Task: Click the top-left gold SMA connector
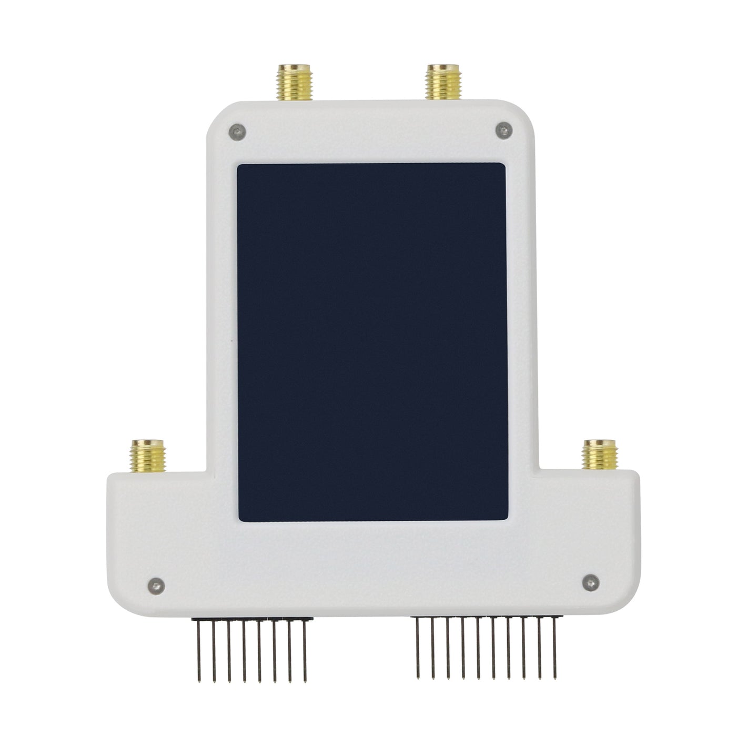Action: (295, 83)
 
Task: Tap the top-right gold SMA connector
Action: (444, 83)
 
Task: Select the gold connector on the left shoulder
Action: (148, 456)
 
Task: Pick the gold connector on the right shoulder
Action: (600, 455)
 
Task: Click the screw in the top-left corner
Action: (238, 132)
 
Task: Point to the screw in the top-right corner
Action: (503, 130)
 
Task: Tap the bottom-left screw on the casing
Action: (156, 584)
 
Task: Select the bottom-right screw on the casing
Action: (591, 581)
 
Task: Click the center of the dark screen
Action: (372, 342)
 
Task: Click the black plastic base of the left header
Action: (253, 619)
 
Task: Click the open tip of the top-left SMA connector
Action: (295, 67)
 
